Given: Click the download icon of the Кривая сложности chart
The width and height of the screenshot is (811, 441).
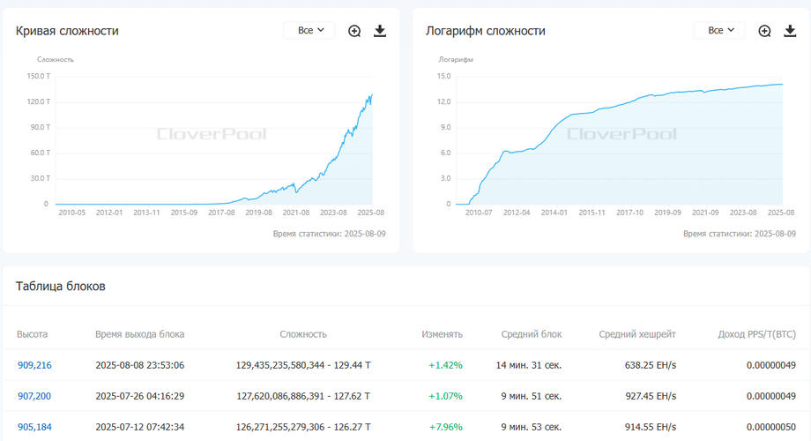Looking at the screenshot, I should (380, 31).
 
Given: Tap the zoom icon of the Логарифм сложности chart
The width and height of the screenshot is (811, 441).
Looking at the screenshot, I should (764, 31).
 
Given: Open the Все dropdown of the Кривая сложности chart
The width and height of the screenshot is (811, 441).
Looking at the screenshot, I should (310, 30).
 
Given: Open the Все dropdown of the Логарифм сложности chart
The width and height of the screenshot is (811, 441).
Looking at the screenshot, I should (720, 30).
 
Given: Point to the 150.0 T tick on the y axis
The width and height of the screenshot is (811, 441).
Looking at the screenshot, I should (37, 76).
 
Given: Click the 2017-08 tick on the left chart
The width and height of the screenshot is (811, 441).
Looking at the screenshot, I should (221, 212).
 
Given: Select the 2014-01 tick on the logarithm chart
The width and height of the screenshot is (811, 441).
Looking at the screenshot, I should (554, 212).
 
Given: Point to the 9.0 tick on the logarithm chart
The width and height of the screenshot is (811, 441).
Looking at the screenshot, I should (443, 127).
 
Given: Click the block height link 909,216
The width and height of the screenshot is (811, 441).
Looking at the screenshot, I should (34, 365).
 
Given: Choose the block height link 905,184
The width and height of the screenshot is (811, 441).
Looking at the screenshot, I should (34, 427).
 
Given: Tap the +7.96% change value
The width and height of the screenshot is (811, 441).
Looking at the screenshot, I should (445, 427).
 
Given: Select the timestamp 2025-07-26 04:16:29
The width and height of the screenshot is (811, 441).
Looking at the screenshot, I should (139, 396).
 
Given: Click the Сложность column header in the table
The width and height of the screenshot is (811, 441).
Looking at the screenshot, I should (303, 334).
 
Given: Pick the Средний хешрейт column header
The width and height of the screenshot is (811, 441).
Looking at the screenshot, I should (637, 334).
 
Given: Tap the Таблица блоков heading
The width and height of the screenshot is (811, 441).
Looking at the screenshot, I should (61, 287).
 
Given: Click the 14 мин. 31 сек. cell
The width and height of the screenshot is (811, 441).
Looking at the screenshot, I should (528, 365).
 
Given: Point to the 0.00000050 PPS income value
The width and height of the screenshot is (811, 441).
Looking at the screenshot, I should (770, 427).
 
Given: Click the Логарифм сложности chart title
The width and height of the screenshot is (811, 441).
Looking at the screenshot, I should (485, 31).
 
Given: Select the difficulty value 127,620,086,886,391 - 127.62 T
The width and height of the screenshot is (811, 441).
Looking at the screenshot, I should (303, 396).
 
